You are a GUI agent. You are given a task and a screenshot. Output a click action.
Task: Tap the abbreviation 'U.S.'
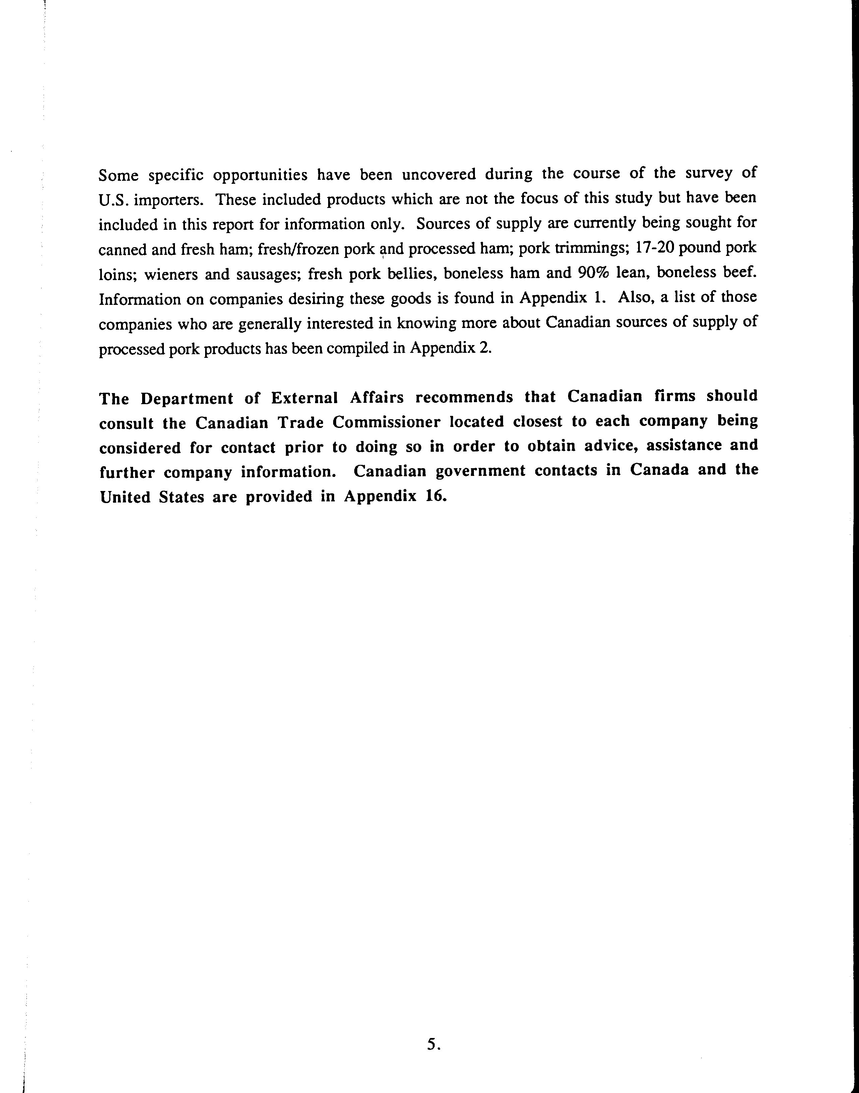pyautogui.click(x=114, y=200)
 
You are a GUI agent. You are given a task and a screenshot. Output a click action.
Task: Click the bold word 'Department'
pyautogui.click(x=187, y=398)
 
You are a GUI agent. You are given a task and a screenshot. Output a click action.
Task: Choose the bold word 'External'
pyautogui.click(x=304, y=398)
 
